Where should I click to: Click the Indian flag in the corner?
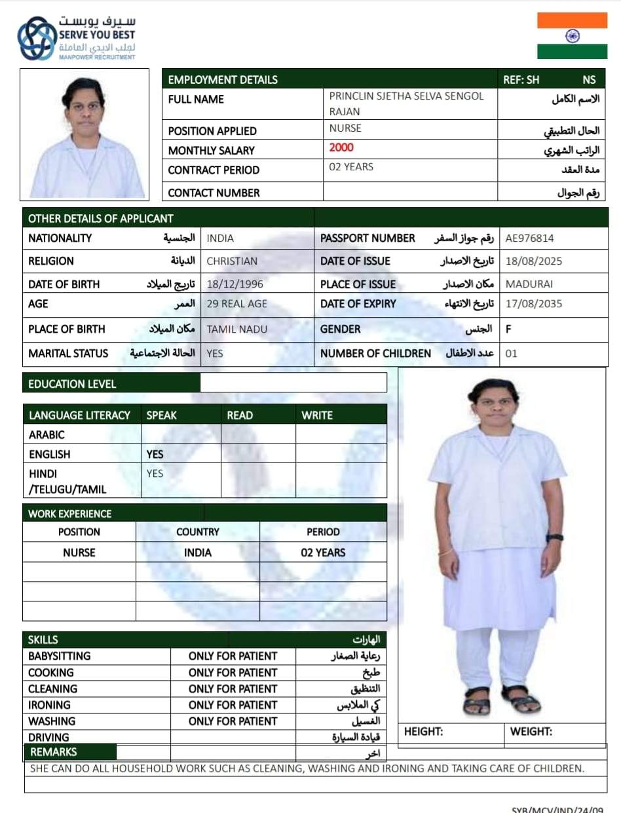(572, 36)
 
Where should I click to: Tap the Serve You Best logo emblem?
(37, 39)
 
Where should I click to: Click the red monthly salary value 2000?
(341, 147)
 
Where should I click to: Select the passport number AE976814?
(529, 238)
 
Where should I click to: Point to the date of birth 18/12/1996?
(228, 284)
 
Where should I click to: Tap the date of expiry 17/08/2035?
(533, 304)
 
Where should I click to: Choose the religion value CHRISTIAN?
(232, 261)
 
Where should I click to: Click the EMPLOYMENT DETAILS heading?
(223, 80)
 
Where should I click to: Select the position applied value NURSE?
(345, 128)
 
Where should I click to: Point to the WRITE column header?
(317, 415)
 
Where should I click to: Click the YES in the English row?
(155, 454)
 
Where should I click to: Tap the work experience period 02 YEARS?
(323, 552)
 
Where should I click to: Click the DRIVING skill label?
(48, 738)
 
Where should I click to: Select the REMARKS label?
(54, 752)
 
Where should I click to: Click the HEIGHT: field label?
(423, 732)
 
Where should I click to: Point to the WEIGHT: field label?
(531, 732)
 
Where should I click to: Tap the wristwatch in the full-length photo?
(555, 537)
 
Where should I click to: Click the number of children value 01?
(512, 354)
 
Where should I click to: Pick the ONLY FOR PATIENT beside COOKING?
(233, 672)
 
